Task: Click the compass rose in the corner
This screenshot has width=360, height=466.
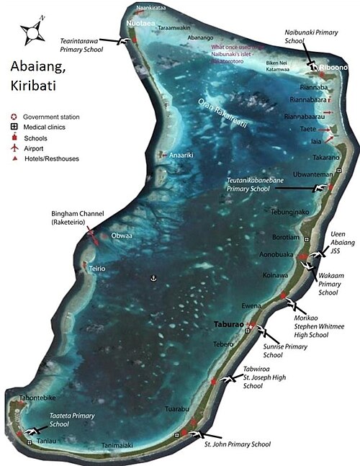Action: pyautogui.click(x=31, y=31)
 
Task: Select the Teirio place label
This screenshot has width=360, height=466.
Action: pyautogui.click(x=97, y=268)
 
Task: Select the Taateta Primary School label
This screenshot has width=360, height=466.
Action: pyautogui.click(x=72, y=420)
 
